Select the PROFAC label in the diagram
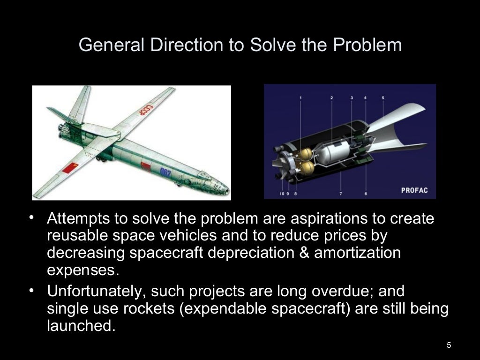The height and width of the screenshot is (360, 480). pos(415,191)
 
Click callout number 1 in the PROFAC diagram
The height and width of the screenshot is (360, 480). pos(300,98)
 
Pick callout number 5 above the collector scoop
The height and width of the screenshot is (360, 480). pos(383,98)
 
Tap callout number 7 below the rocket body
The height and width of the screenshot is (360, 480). pos(341,193)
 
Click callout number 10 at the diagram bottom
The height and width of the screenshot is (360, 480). pos(282,193)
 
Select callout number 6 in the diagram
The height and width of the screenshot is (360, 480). pos(366,193)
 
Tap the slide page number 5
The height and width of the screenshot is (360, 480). pos(449,345)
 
